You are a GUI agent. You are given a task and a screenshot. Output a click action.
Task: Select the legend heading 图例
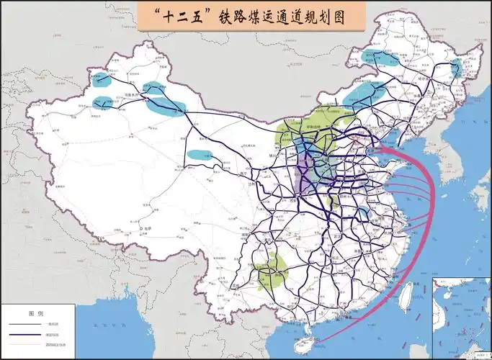coord(36,314)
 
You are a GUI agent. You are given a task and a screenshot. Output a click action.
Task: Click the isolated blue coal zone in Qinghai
coord(200,155)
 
